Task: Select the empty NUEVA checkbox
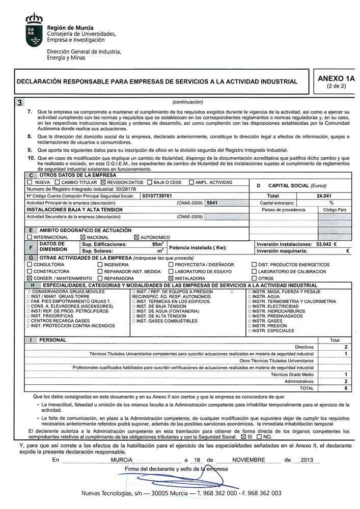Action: click(x=30, y=182)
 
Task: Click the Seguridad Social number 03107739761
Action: click(x=157, y=195)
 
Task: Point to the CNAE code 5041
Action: click(x=212, y=203)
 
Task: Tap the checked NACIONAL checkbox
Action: click(x=84, y=237)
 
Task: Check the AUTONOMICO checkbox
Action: click(x=136, y=237)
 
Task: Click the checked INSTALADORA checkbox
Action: click(x=171, y=278)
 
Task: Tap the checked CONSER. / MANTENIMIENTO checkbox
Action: click(x=30, y=278)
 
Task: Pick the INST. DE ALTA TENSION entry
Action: click(x=154, y=316)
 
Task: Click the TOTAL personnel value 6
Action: click(x=346, y=388)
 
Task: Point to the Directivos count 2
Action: click(x=346, y=346)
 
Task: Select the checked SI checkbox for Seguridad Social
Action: click(x=243, y=437)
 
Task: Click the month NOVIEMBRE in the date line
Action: click(x=249, y=460)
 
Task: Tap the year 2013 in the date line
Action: click(x=307, y=460)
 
